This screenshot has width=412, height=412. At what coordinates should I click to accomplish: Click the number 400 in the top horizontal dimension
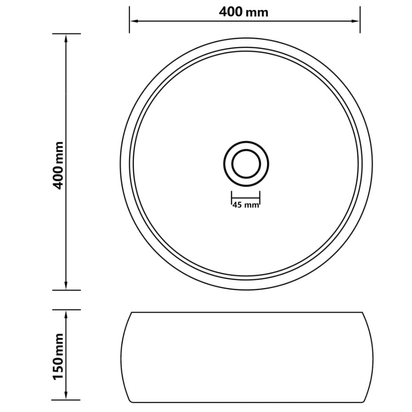[231, 12]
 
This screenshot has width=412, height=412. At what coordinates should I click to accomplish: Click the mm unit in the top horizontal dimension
[257, 13]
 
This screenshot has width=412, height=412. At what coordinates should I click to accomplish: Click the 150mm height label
[58, 356]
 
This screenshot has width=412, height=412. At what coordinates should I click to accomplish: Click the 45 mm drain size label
[246, 205]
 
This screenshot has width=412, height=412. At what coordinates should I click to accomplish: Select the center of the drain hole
[246, 164]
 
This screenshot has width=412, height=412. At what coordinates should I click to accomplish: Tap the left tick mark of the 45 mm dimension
[231, 198]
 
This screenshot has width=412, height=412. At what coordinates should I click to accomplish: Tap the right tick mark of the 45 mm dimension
[260, 198]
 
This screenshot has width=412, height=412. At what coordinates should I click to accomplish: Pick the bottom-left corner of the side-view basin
[131, 401]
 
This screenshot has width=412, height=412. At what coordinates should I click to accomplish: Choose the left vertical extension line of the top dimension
[129, 20]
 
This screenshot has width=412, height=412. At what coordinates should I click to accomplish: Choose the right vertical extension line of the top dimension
[360, 20]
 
